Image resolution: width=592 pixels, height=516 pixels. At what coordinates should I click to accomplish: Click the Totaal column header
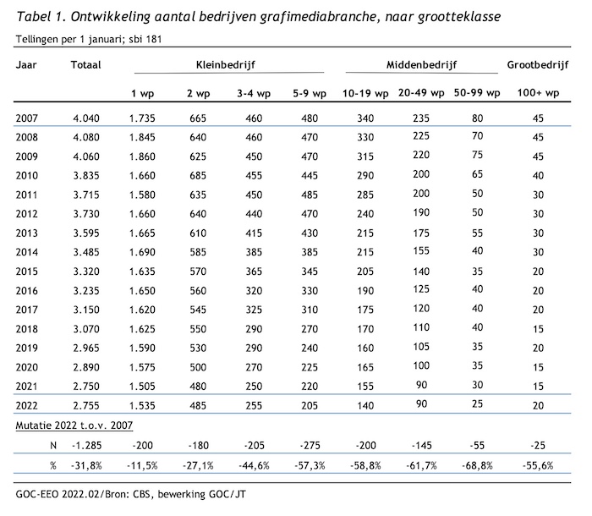point(85,65)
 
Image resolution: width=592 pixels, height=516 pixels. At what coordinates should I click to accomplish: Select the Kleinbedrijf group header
point(226,65)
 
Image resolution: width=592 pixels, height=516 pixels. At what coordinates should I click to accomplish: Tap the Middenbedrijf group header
point(421,65)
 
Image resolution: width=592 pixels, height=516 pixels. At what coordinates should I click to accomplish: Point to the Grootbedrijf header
point(538,65)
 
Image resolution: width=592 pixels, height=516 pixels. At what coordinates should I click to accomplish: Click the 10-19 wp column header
point(365,93)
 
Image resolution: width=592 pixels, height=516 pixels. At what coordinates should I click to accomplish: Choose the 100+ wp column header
point(538,93)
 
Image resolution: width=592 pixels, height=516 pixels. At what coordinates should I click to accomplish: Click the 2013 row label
point(27,233)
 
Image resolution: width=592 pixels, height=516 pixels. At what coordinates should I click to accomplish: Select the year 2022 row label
point(27,406)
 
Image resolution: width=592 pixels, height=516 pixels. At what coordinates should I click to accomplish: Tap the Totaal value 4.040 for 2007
point(86,118)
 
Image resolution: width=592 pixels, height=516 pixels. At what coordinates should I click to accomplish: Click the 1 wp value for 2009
point(142,156)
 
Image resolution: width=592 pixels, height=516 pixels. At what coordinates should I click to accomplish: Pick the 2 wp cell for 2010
point(198,176)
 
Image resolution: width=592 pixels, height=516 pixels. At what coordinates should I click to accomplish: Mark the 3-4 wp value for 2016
point(254,291)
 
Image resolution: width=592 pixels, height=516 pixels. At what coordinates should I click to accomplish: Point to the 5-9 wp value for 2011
point(310,195)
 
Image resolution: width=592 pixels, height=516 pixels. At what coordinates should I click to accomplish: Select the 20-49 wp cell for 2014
point(421,251)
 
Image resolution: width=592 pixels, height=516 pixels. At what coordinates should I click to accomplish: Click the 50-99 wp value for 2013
point(477,233)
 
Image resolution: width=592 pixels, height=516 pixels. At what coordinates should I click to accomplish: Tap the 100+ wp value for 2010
point(538,176)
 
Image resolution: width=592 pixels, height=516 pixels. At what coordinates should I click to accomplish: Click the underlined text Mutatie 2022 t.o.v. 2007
point(74,425)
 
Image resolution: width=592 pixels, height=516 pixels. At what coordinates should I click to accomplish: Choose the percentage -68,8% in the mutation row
point(477,466)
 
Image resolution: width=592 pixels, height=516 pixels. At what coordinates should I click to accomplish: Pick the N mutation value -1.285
point(86,446)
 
